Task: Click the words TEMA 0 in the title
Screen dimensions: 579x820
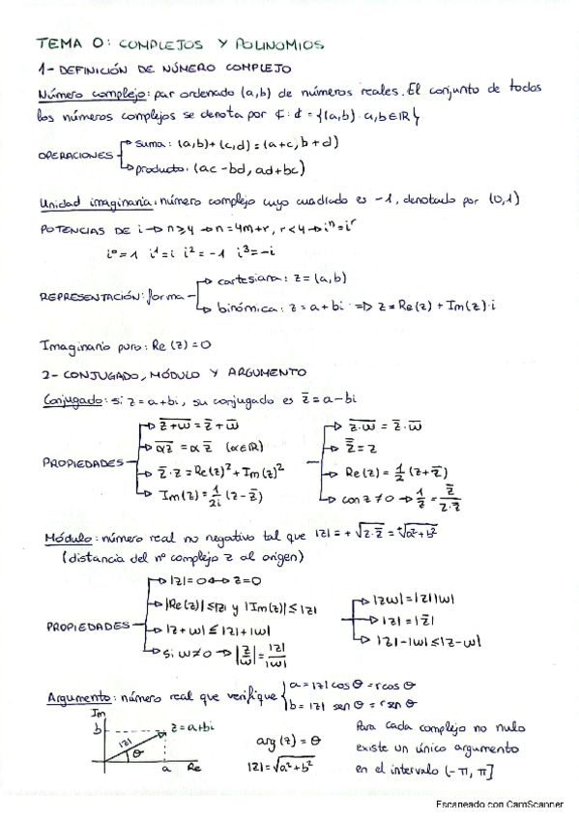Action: tap(68, 44)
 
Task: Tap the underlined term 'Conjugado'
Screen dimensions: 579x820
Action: tap(70, 399)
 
